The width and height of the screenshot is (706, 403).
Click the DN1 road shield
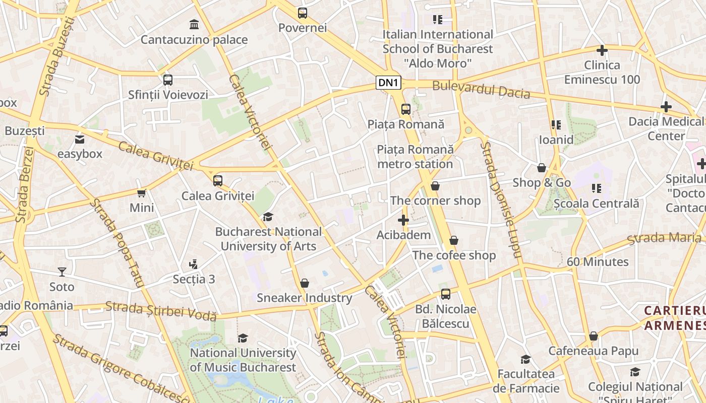coord(388,83)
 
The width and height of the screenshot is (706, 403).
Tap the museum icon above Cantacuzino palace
coord(194,24)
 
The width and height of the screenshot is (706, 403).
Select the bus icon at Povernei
coord(303,13)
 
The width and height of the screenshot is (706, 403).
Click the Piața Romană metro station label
coord(415,157)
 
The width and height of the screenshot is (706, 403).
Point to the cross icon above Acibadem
coord(403,220)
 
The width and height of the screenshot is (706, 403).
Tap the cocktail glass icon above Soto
coord(62,272)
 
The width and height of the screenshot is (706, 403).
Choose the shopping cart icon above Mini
coord(142,193)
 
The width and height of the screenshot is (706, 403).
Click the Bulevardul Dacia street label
coord(481,90)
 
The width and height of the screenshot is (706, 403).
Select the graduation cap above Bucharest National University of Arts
coord(268,217)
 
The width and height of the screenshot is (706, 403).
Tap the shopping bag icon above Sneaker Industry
coord(305,283)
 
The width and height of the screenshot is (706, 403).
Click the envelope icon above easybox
coord(80,140)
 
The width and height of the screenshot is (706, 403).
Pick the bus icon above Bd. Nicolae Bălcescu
coord(446,294)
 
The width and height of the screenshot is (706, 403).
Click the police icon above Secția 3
coord(193,264)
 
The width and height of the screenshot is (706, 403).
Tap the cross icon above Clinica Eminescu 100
coord(602,50)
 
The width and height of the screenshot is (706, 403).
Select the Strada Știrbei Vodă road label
coord(161,311)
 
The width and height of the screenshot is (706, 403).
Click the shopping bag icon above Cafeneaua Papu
coord(594,336)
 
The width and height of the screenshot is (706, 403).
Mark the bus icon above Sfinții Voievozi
coord(168,80)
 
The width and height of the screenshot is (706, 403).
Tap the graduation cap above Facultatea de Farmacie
coord(526,359)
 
